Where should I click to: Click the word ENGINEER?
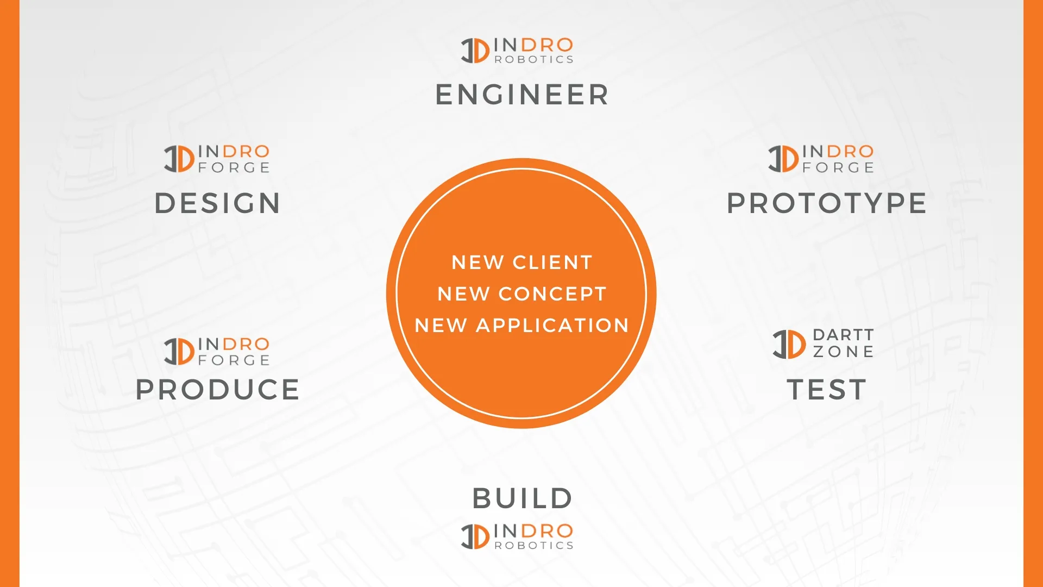(x=521, y=95)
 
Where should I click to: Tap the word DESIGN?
(x=217, y=203)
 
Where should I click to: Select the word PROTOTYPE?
(x=826, y=203)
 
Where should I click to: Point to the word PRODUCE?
(x=217, y=390)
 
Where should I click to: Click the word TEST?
(x=826, y=390)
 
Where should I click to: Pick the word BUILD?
(x=522, y=498)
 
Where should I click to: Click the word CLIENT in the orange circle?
(x=552, y=263)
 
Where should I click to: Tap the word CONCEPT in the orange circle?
(x=552, y=294)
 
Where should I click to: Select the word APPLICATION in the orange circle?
(x=552, y=326)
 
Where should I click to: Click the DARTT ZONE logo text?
(x=843, y=343)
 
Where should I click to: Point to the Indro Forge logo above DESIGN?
(x=217, y=159)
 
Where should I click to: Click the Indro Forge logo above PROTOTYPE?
(x=821, y=159)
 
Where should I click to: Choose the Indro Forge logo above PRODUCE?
(x=217, y=351)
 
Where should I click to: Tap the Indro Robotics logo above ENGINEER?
(x=517, y=51)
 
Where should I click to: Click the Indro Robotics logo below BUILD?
(x=517, y=536)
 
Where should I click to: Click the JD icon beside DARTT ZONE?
(x=789, y=344)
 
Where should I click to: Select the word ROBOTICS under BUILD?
(x=534, y=545)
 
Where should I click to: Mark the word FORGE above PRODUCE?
(x=234, y=360)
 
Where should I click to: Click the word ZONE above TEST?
(x=843, y=352)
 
